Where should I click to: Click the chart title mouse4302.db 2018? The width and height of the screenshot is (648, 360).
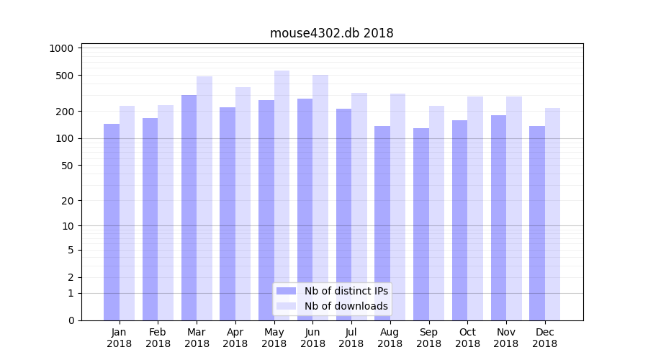tap(331, 33)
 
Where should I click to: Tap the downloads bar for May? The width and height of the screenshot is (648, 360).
tap(282, 195)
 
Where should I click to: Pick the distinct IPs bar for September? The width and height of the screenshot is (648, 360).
tap(420, 224)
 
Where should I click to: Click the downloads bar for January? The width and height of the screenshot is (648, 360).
tap(127, 213)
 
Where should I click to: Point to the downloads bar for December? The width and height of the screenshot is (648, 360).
tap(552, 214)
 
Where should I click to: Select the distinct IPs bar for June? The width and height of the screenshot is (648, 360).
tap(305, 210)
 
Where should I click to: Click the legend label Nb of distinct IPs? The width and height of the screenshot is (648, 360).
tap(346, 291)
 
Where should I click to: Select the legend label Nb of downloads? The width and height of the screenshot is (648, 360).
tap(346, 306)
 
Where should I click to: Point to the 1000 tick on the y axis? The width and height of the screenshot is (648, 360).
tap(61, 48)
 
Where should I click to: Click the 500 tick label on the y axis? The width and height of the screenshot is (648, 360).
tap(65, 76)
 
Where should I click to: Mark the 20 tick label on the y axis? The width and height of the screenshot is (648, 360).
tap(68, 201)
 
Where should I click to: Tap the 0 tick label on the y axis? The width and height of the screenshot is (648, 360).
tap(71, 320)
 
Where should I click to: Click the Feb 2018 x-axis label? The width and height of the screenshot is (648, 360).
tap(158, 338)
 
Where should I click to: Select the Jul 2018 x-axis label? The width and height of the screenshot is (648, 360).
tap(351, 338)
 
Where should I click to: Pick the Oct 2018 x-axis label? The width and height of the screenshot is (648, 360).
tap(467, 338)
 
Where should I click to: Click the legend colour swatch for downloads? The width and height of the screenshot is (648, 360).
tap(286, 306)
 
